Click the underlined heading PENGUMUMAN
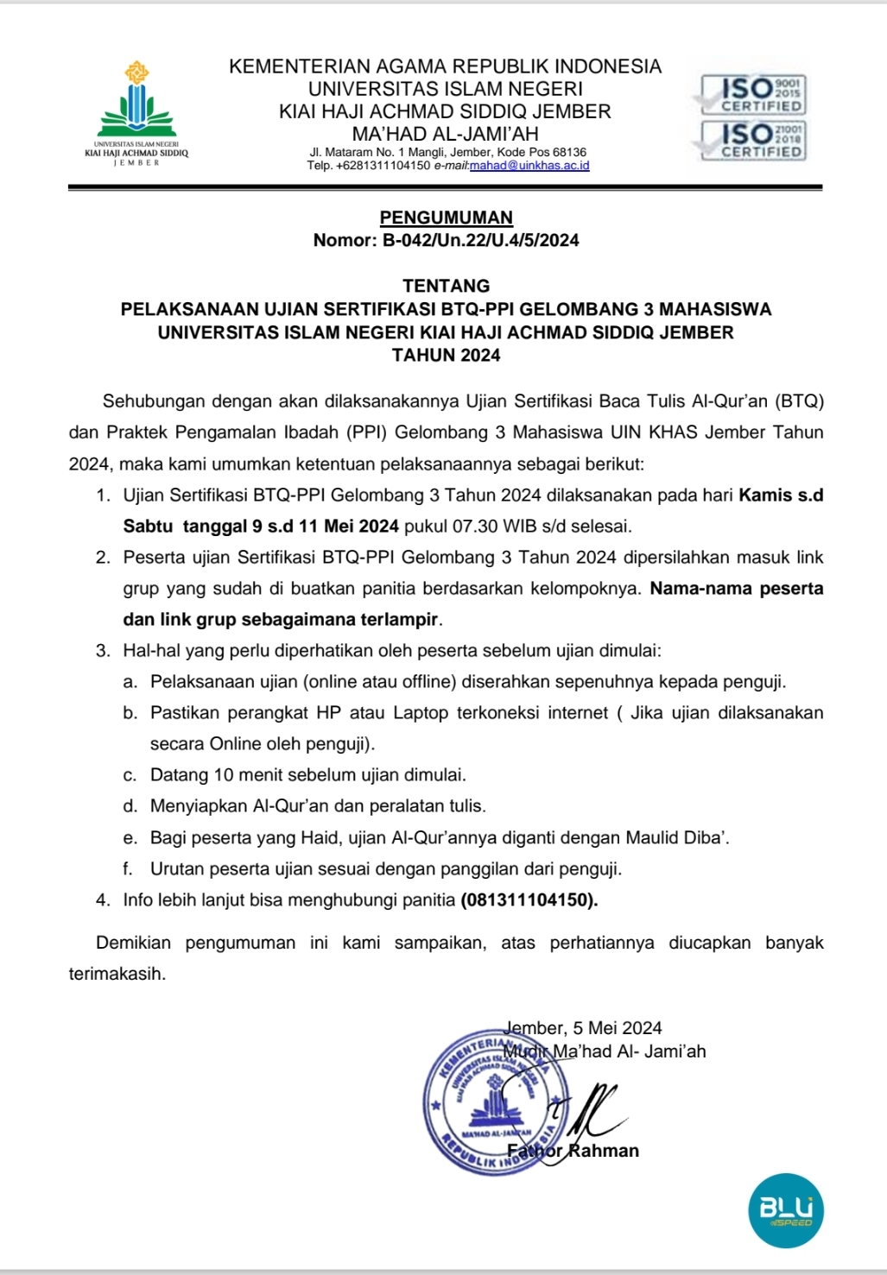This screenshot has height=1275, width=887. tap(446, 218)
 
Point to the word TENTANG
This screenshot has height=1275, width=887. tap(446, 286)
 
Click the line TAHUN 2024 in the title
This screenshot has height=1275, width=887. tap(446, 355)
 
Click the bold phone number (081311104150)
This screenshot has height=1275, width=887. tap(529, 900)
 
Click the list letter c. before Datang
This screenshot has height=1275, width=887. tap(130, 775)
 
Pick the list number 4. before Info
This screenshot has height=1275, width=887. tap(104, 900)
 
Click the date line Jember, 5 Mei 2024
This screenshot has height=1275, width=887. tap(583, 1028)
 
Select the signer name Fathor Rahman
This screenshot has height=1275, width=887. tap(573, 1151)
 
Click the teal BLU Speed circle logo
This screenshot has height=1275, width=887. tap(786, 1210)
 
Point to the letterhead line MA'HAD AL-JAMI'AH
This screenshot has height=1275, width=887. tap(445, 134)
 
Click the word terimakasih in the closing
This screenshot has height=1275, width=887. tap(116, 974)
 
